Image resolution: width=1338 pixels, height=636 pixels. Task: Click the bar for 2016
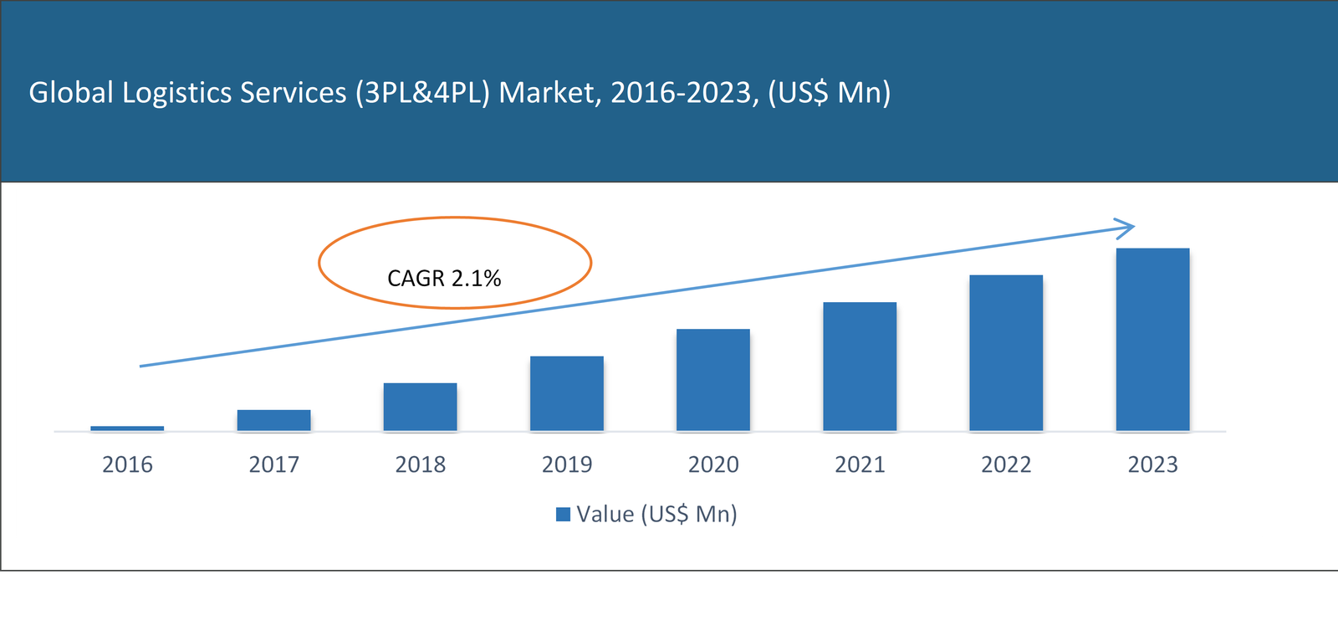click(127, 428)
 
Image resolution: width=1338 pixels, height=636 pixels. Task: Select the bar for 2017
click(273, 420)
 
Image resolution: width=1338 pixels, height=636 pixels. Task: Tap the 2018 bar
click(420, 407)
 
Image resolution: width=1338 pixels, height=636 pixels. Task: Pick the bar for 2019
click(566, 393)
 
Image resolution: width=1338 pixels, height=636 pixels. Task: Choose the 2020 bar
click(712, 380)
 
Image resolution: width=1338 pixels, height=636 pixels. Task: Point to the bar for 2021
click(859, 367)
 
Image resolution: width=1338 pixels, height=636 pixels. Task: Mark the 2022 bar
click(1006, 353)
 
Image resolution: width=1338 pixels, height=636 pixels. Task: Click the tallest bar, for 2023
click(1152, 340)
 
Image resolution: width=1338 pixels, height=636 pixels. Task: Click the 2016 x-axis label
click(127, 464)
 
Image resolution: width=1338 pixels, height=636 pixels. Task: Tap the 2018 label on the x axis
click(420, 464)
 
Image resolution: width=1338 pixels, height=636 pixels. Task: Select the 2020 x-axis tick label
click(712, 464)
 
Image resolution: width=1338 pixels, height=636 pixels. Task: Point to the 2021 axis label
click(859, 464)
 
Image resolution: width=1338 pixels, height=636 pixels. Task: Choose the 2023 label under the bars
click(1152, 464)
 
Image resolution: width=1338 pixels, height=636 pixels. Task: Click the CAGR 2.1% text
click(444, 279)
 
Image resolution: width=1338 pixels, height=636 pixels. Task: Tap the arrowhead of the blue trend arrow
click(1127, 227)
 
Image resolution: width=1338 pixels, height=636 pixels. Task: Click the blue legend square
click(564, 514)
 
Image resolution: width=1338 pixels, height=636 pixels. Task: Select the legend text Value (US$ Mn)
click(656, 514)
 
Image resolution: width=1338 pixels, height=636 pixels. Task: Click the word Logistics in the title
click(176, 93)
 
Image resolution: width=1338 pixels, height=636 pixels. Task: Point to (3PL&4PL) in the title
click(422, 93)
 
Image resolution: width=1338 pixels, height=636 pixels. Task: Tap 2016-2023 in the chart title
click(682, 93)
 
